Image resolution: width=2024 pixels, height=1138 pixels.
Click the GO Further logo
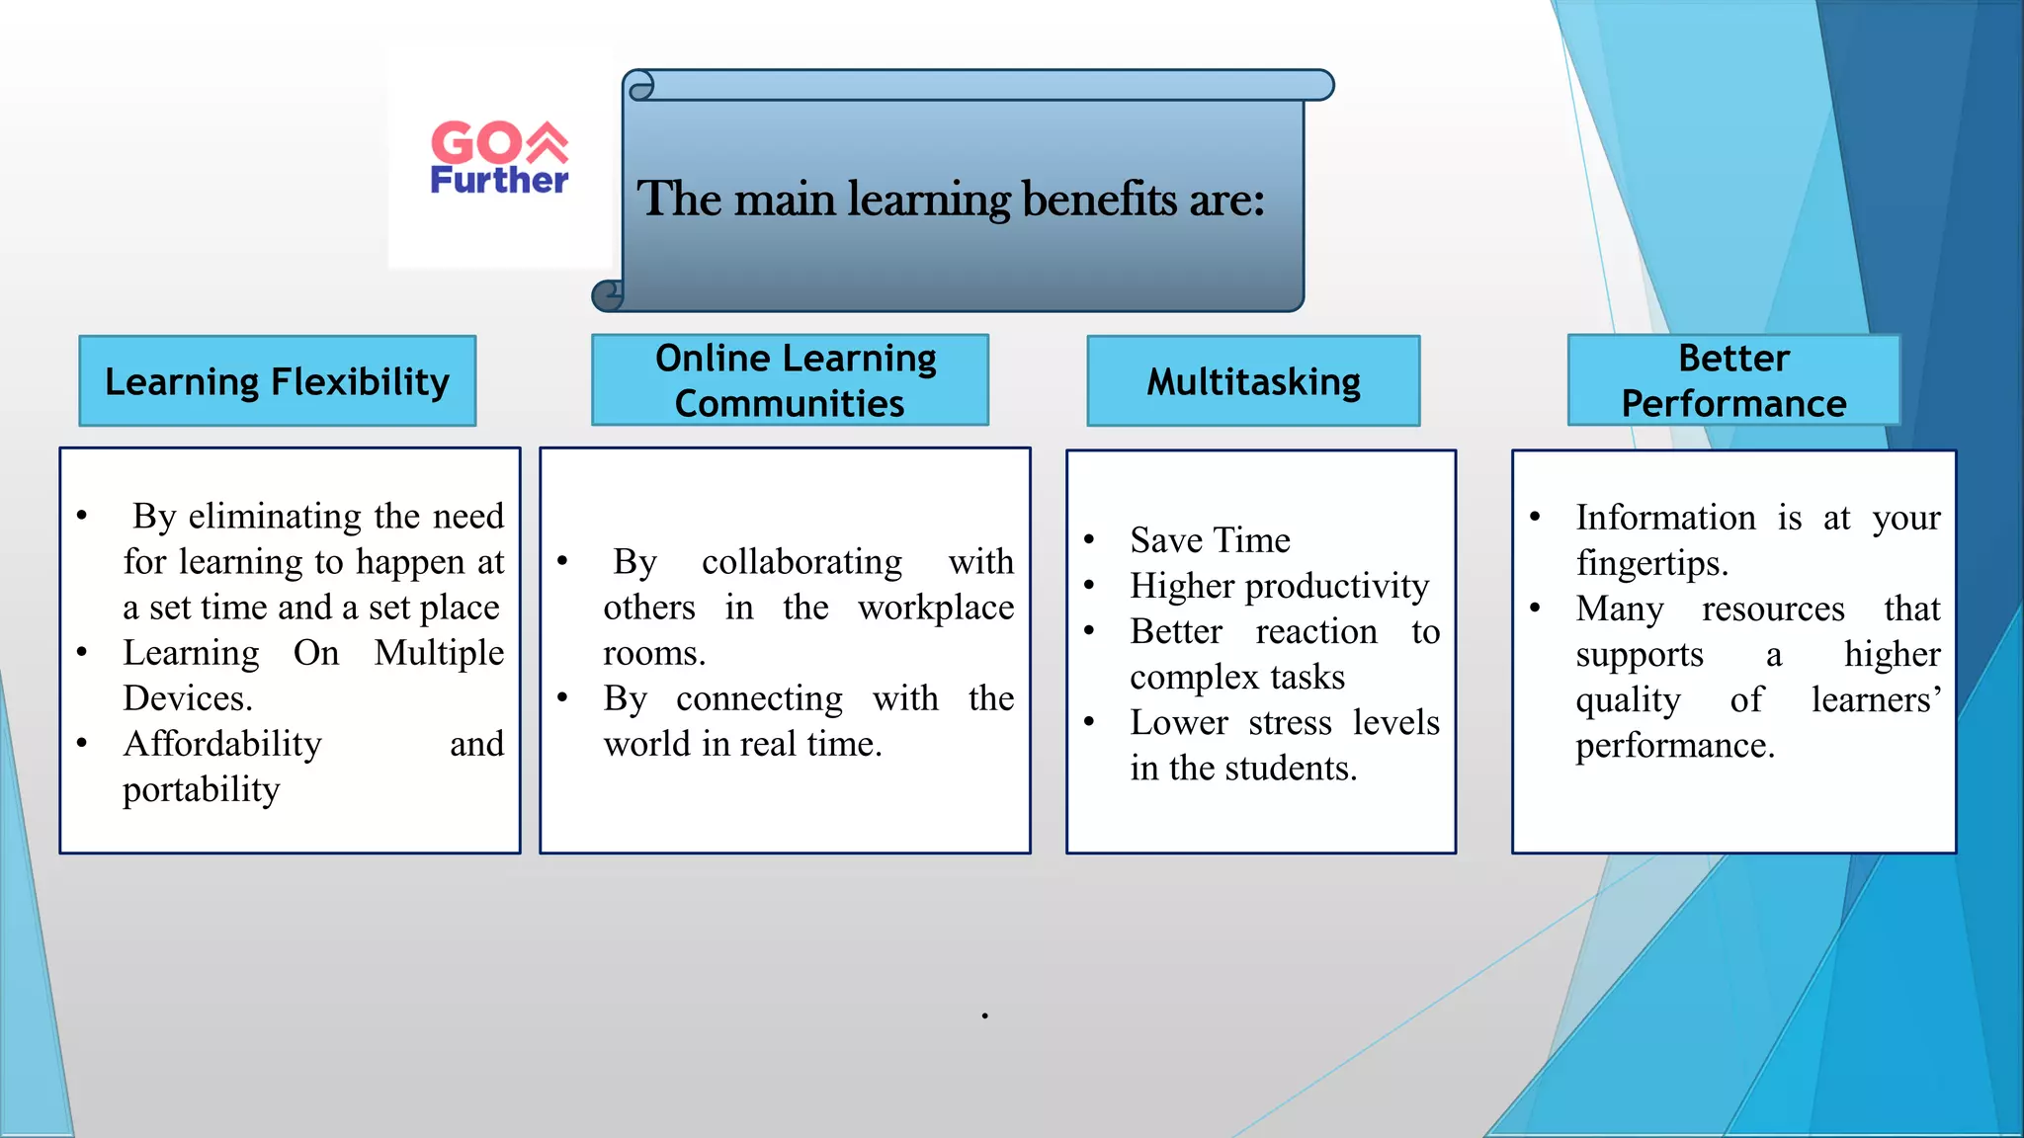point(499,158)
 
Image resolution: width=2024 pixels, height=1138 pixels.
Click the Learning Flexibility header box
point(278,381)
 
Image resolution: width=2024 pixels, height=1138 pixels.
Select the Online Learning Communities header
point(790,380)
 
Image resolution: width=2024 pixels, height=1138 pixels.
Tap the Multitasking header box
point(1253,381)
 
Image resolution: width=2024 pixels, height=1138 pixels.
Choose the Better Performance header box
point(1733,380)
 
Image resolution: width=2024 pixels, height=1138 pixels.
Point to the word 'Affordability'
point(222,744)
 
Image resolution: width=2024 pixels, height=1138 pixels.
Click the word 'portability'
point(202,789)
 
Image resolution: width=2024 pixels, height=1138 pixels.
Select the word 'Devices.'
point(188,698)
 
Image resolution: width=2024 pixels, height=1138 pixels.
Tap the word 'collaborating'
point(801,562)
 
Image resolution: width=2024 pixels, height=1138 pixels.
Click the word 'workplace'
point(936,608)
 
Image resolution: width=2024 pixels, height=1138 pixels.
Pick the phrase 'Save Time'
point(1210,540)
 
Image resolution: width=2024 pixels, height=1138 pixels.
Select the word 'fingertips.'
point(1651,563)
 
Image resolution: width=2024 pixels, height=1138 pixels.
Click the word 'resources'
point(1773,609)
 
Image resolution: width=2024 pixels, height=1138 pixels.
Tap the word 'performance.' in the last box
point(1675,745)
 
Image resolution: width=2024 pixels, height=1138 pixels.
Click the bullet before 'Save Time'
point(1089,540)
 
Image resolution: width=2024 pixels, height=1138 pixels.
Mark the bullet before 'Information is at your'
point(1535,518)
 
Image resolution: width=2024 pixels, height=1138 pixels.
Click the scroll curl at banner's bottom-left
point(608,294)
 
